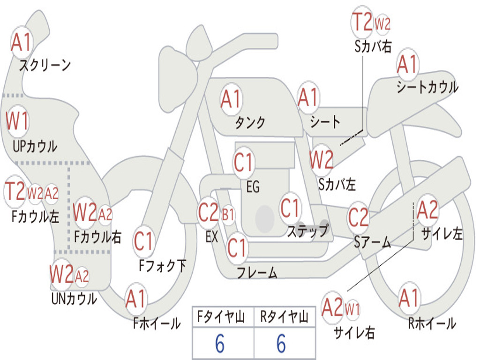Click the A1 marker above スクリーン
[21, 43]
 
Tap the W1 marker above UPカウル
[17, 121]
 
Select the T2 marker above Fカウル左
[15, 191]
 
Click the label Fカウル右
[97, 237]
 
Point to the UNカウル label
[74, 299]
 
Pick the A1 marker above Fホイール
[135, 299]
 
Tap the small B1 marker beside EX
[228, 215]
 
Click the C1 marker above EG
[244, 163]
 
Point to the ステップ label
[308, 231]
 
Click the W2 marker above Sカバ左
[321, 160]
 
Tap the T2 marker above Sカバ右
[362, 22]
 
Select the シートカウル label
[427, 87]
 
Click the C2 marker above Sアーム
[359, 217]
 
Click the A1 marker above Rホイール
[409, 298]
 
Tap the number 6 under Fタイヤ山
[220, 344]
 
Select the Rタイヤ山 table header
[285, 316]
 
